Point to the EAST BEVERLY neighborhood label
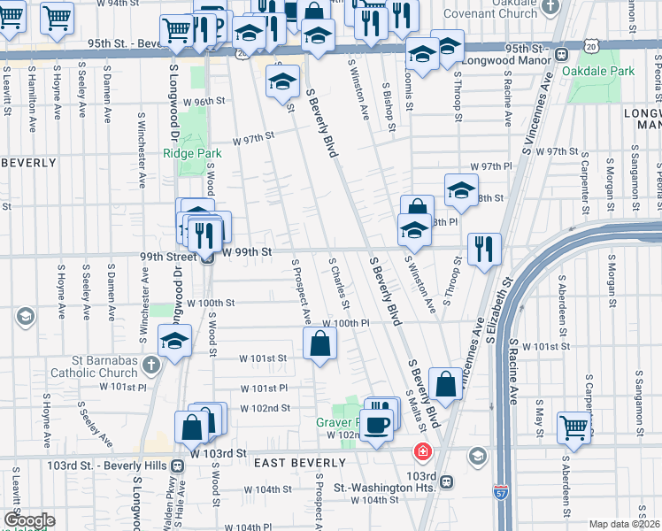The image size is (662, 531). [299, 463]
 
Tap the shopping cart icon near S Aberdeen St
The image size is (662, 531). [574, 428]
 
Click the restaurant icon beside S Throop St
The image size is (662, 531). [484, 249]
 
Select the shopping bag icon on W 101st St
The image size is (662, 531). [319, 345]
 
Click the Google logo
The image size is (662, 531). [29, 520]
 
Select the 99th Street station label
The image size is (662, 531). [167, 255]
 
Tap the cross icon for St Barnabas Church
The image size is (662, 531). [151, 365]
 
